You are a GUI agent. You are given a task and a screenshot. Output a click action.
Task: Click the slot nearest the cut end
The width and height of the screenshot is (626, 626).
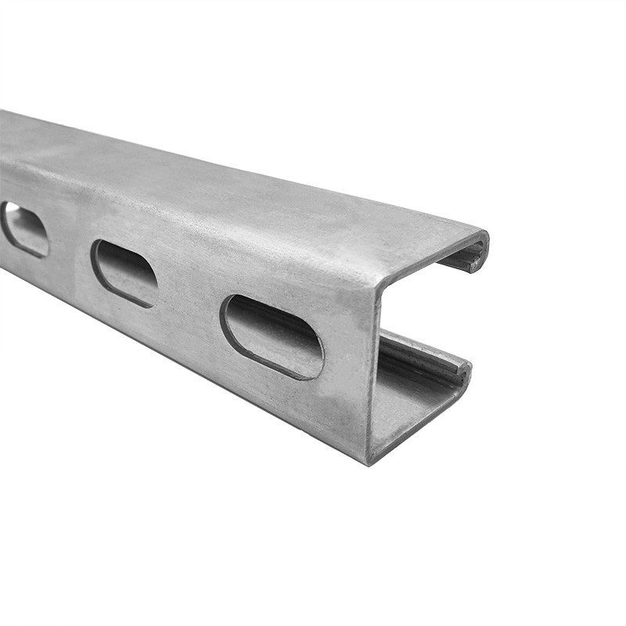point(272,336)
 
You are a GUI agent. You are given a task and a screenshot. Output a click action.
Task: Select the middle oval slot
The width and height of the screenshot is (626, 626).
point(124,273)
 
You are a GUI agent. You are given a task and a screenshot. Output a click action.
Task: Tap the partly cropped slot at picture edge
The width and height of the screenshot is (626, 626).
point(23,228)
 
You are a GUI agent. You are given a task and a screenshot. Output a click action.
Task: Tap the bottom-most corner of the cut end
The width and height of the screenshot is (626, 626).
point(369,460)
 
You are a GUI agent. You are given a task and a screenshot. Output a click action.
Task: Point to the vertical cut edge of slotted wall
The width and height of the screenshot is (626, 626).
point(372,368)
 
